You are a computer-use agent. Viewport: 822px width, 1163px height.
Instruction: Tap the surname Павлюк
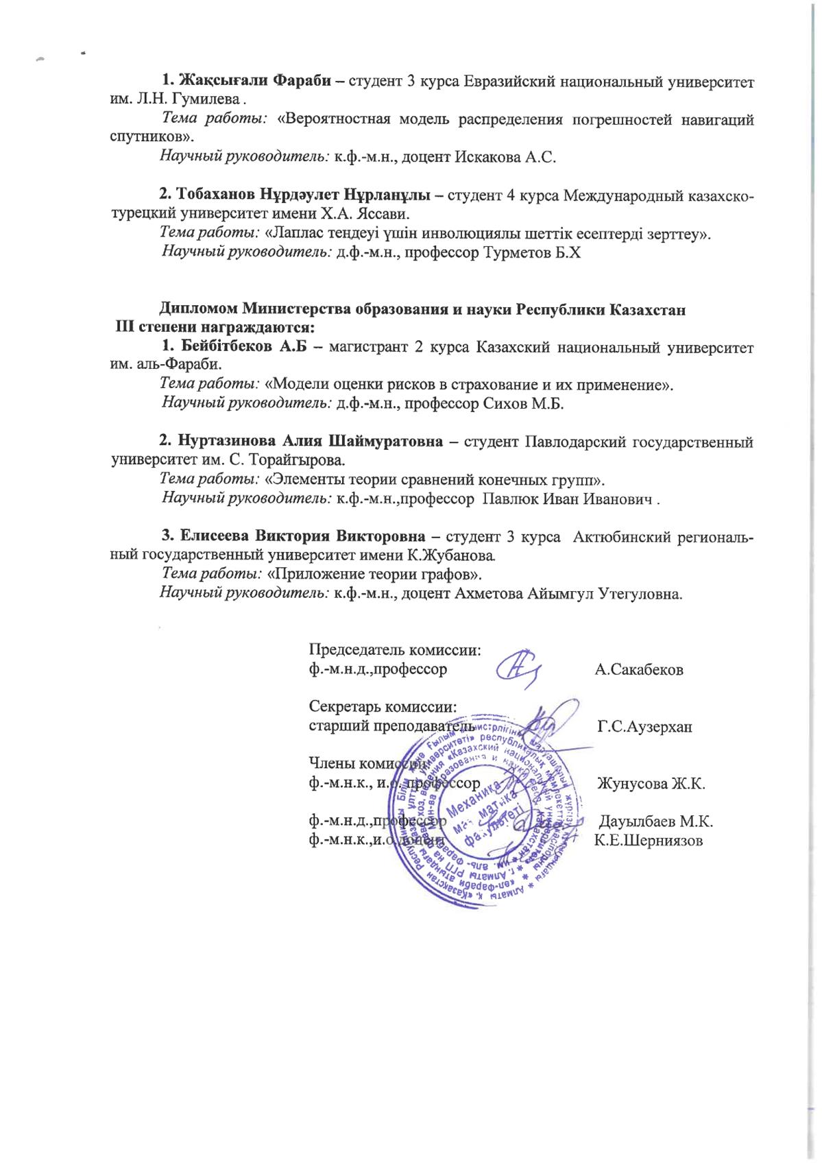pyautogui.click(x=511, y=498)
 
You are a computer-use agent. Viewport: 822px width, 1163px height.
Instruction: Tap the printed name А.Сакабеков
pyautogui.click(x=639, y=670)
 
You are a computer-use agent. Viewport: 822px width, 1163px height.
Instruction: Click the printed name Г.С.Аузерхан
pyautogui.click(x=644, y=726)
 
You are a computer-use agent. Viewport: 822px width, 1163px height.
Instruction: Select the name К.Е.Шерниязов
pyautogui.click(x=649, y=841)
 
